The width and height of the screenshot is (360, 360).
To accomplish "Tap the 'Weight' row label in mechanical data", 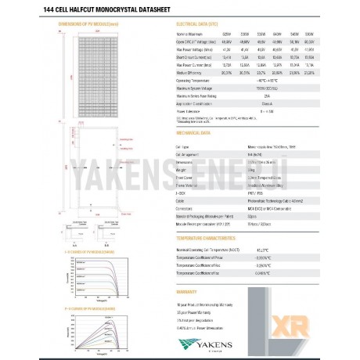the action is [x=182, y=168].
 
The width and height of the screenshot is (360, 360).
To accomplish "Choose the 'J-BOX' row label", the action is [x=182, y=190].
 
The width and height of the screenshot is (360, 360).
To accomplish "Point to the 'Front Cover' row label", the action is [x=185, y=176].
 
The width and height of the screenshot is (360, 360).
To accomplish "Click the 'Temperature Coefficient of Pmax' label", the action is [x=203, y=257].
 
